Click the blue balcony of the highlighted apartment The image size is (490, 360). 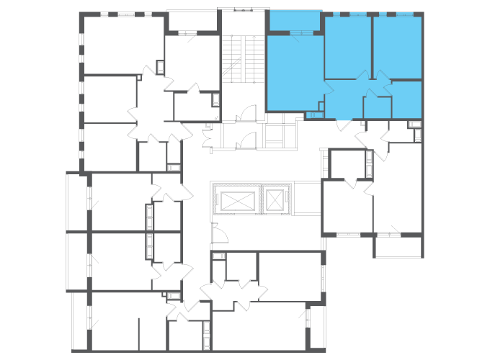click(295, 21)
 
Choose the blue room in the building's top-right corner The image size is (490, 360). click(397, 47)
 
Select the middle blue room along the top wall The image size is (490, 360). click(347, 47)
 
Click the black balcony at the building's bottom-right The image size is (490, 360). click(398, 246)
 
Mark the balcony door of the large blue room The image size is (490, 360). click(303, 33)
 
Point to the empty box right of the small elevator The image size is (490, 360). click(307, 199)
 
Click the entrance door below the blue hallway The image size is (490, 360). click(344, 125)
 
